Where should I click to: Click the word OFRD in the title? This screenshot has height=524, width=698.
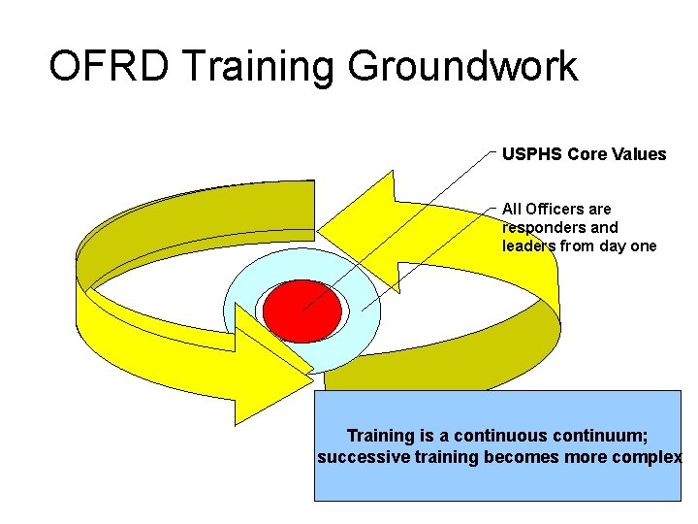click(109, 67)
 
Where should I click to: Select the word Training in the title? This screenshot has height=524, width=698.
click(259, 67)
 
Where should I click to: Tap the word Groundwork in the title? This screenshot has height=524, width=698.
click(462, 67)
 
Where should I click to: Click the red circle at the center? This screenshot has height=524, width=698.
click(302, 310)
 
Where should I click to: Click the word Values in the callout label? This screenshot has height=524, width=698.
click(641, 154)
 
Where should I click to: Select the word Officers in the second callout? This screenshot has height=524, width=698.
click(556, 209)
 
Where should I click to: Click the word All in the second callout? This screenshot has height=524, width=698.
click(512, 209)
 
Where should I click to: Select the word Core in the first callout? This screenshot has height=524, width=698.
click(587, 154)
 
